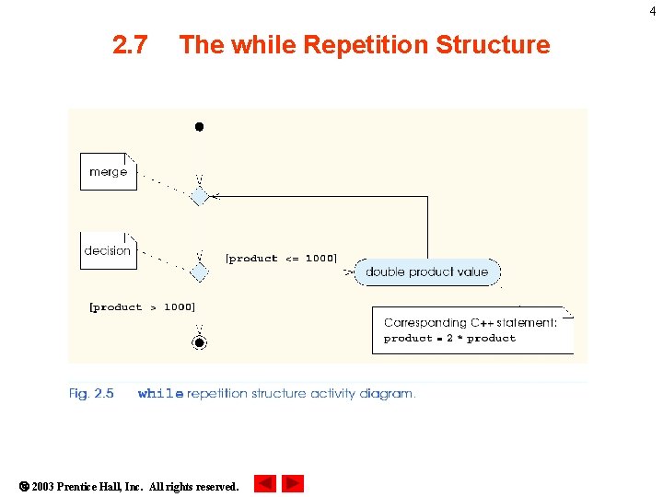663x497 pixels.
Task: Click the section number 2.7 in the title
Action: tap(130, 44)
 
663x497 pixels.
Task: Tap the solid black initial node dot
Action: tap(199, 127)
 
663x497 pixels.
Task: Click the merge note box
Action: tap(109, 172)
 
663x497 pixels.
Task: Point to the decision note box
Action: tap(108, 250)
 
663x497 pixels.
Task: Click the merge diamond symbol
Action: tap(199, 196)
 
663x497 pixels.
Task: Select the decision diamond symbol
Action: tap(199, 272)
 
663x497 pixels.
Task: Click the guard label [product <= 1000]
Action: tap(281, 259)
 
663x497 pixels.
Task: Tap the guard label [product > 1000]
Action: tap(142, 307)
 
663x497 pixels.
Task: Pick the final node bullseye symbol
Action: tap(199, 342)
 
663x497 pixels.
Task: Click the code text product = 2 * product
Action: tap(449, 339)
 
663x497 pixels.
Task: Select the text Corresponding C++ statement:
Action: tap(470, 322)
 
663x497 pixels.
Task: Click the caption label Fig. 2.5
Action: tap(91, 393)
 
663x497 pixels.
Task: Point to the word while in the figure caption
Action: tap(160, 394)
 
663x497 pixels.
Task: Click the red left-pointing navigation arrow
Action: tap(264, 483)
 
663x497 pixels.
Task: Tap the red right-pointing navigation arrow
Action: tap(293, 483)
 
